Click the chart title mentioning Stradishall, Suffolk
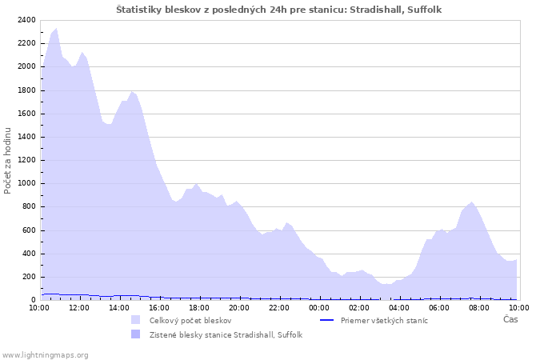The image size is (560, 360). [x=278, y=10]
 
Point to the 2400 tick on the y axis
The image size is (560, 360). [x=26, y=20]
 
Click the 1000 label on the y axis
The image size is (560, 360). [x=26, y=183]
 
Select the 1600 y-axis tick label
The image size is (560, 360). [x=26, y=114]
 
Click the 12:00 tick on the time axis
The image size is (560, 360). [x=79, y=307]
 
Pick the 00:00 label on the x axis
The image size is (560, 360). [x=319, y=307]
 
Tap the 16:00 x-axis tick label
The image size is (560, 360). [x=159, y=307]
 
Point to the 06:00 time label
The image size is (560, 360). [x=439, y=307]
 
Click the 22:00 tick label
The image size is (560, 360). [x=279, y=307]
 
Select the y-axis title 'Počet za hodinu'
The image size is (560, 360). [x=8, y=160]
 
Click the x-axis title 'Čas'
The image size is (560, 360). [x=510, y=320]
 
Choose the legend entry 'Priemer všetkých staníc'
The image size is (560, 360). [x=384, y=320]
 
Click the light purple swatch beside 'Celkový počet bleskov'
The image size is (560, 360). [x=135, y=320]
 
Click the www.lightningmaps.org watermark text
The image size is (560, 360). [x=45, y=354]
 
